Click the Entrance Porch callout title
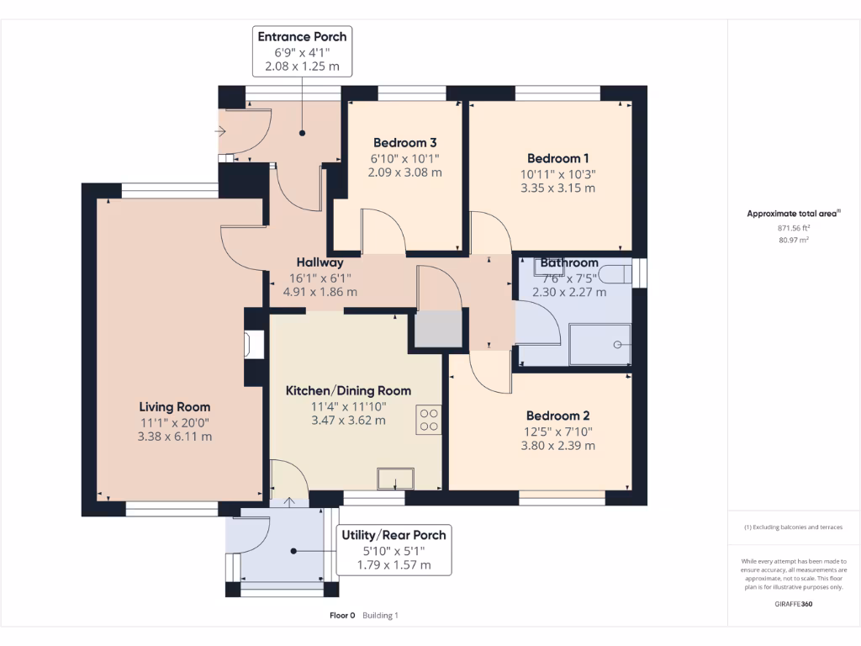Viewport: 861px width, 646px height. click(302, 37)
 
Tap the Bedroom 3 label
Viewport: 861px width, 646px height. click(404, 143)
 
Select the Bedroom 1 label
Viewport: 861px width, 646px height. click(558, 158)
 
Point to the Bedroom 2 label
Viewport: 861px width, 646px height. click(558, 416)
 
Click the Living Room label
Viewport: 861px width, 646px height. click(175, 407)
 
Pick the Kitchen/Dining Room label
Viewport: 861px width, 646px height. click(348, 390)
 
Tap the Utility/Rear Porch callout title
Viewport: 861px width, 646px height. click(394, 535)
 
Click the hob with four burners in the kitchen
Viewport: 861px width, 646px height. click(429, 420)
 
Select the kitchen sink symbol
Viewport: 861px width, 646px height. click(395, 479)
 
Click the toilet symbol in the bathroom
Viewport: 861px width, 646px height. click(615, 274)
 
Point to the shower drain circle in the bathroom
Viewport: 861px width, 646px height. click(617, 344)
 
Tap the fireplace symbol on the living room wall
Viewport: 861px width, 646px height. click(254, 345)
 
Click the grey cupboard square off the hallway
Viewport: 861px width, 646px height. click(437, 329)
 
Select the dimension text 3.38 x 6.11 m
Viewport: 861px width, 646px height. click(175, 437)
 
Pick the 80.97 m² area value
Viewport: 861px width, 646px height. click(794, 240)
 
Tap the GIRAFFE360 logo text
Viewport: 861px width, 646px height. click(794, 604)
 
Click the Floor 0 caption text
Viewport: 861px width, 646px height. click(342, 615)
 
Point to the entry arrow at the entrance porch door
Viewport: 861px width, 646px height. click(219, 131)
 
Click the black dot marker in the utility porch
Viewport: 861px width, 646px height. click(293, 551)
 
